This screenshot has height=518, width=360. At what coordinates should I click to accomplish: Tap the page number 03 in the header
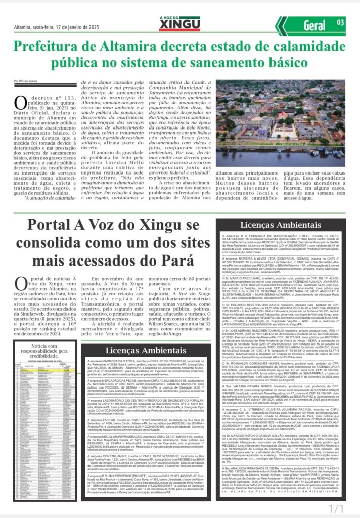(x=340, y=22)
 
